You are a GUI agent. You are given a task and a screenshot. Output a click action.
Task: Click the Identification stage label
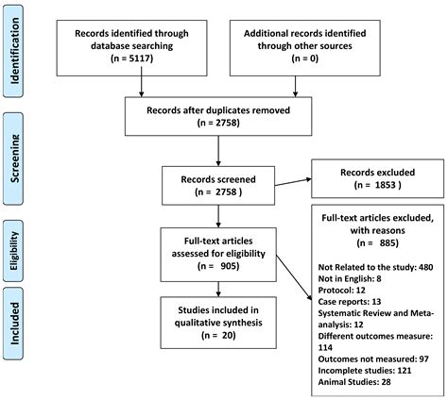(x=14, y=51)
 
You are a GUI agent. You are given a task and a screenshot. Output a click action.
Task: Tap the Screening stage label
(x=14, y=158)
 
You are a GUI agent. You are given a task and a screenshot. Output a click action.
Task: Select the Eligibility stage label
(x=14, y=251)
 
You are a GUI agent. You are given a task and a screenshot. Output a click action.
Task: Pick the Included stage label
(x=14, y=324)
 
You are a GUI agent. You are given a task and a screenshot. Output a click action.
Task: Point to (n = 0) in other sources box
(x=305, y=58)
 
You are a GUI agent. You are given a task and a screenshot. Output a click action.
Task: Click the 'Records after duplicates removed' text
(x=218, y=110)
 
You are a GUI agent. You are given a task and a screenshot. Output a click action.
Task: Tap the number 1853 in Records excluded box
(x=386, y=185)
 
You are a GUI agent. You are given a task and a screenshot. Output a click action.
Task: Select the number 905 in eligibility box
(x=228, y=266)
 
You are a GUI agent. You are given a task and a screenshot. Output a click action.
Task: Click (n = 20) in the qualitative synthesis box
(x=218, y=335)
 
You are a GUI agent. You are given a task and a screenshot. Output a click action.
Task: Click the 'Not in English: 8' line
(x=350, y=278)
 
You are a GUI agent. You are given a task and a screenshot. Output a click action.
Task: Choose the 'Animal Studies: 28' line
(x=354, y=382)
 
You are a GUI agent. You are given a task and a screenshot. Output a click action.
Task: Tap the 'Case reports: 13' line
(x=350, y=302)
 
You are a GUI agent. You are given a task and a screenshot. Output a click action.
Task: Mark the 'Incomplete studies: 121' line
(x=365, y=371)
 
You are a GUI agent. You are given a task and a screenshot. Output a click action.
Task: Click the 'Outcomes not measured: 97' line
(x=373, y=359)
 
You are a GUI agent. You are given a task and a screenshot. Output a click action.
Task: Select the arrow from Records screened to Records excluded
(x=293, y=182)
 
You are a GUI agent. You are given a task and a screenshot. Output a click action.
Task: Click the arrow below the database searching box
(x=142, y=82)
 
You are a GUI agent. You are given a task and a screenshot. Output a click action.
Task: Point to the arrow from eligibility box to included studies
(x=218, y=289)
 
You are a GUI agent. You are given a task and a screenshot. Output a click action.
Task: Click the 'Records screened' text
(x=218, y=179)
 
